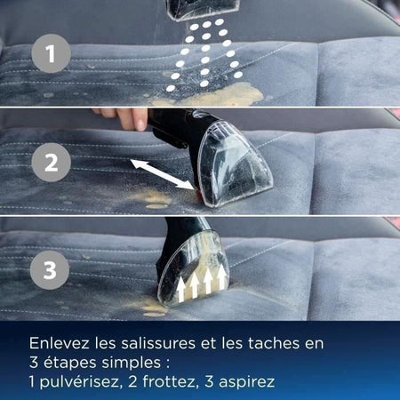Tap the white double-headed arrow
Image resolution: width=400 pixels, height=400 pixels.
pos(162,174)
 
